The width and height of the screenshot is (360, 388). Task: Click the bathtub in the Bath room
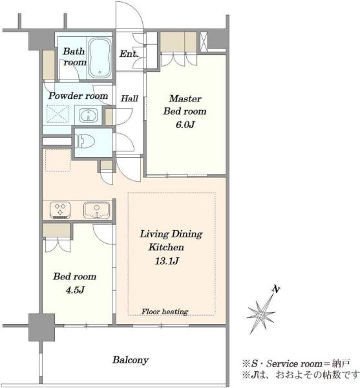click(x=100, y=58)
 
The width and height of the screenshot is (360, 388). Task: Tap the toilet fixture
click(x=85, y=141)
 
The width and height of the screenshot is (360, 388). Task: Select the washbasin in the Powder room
click(x=89, y=115)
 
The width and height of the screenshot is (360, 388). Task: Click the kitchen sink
click(x=97, y=210)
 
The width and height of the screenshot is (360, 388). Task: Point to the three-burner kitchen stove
click(x=60, y=210)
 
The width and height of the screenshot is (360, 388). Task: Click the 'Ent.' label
click(x=129, y=54)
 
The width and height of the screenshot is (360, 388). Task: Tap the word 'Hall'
click(x=129, y=98)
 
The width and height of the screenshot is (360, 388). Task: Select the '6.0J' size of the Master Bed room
click(x=185, y=124)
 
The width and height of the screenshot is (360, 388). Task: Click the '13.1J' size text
click(x=167, y=261)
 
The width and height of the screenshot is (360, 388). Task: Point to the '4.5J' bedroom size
click(x=75, y=290)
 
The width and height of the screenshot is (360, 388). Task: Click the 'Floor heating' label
click(x=165, y=312)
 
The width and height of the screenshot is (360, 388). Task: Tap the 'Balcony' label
click(x=131, y=360)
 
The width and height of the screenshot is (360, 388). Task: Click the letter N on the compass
click(x=276, y=289)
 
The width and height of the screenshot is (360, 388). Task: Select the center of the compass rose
click(x=260, y=315)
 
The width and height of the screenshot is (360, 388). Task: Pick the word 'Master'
click(x=185, y=99)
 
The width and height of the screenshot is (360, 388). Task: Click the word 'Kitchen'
click(x=166, y=247)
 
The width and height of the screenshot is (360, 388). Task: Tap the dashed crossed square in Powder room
click(x=58, y=114)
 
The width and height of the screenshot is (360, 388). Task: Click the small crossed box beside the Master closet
click(x=204, y=41)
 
